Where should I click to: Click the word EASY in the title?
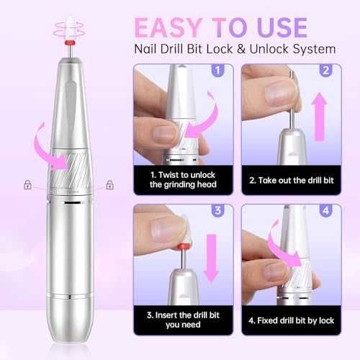(x=168, y=27)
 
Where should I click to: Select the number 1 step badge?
(x=217, y=71)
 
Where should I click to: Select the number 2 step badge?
(x=325, y=71)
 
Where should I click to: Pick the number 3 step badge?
(x=217, y=210)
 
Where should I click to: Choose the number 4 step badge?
(x=325, y=210)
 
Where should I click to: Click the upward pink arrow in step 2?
(x=320, y=117)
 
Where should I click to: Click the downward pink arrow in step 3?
(x=211, y=258)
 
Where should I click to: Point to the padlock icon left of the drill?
(x=27, y=184)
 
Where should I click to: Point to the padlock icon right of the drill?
(x=109, y=185)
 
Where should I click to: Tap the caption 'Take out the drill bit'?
(x=292, y=180)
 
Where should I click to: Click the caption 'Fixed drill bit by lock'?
(x=292, y=320)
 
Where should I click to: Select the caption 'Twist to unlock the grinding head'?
(x=183, y=179)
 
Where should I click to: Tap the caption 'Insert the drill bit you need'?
(x=183, y=320)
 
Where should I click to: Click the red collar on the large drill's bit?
(x=70, y=43)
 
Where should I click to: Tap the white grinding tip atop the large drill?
(x=70, y=28)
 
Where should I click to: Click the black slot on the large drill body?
(x=73, y=203)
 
